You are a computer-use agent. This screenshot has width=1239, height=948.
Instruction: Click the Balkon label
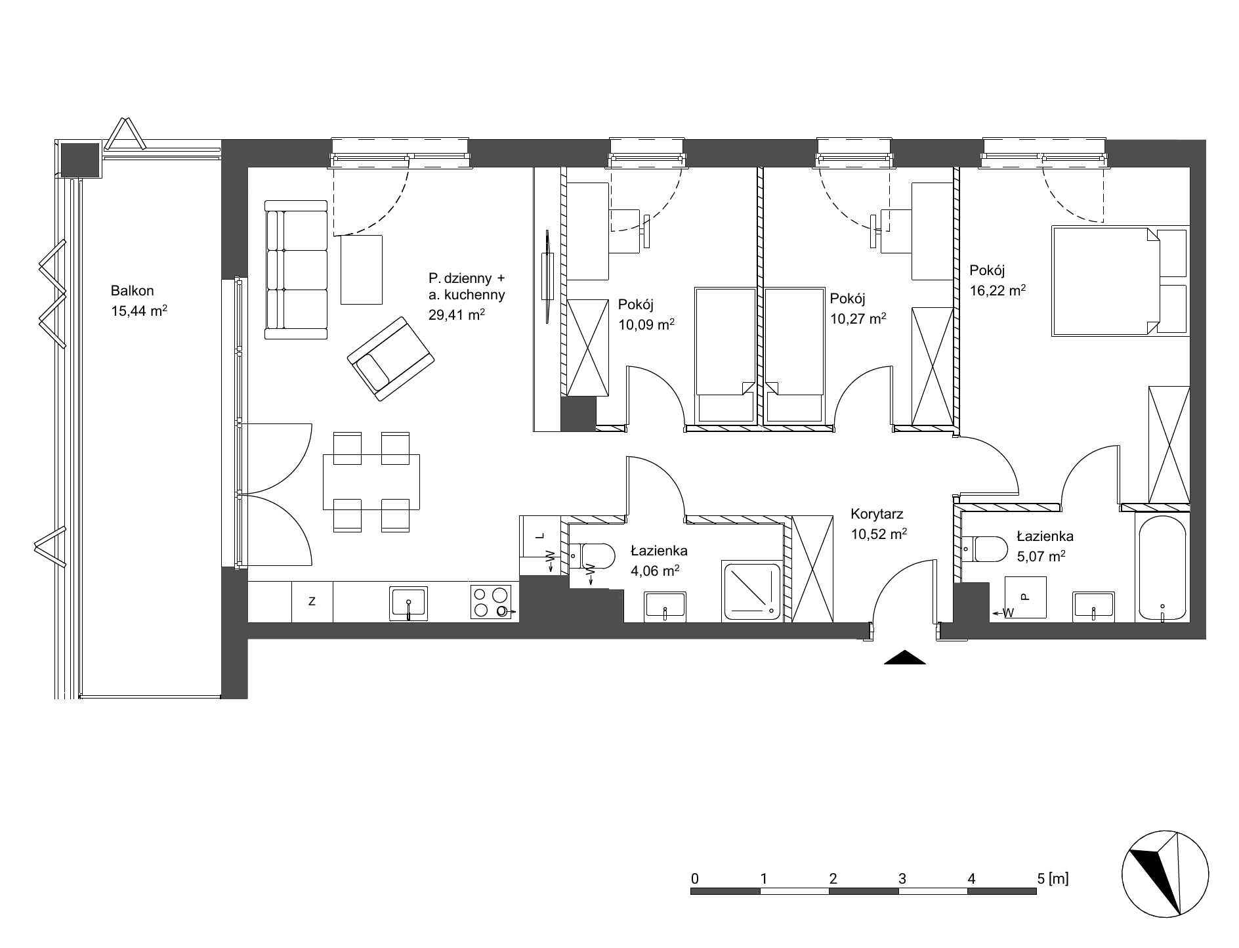[x=132, y=291]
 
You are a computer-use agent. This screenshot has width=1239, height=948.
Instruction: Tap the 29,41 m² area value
[x=457, y=314]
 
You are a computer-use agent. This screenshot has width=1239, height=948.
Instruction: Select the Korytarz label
[x=877, y=514]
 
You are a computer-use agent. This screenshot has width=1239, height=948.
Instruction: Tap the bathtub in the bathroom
[x=1162, y=567]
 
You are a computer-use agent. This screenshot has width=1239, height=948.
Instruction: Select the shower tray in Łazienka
[x=752, y=591]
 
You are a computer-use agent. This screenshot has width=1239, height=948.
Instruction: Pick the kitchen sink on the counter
[x=409, y=603]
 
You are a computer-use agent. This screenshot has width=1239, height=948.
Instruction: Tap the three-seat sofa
[x=295, y=270]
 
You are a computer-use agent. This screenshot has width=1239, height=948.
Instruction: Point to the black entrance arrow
[x=904, y=657]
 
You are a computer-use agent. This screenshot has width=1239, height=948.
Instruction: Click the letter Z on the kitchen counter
[x=312, y=601]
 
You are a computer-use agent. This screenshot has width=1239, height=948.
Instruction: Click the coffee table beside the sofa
[x=361, y=269]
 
